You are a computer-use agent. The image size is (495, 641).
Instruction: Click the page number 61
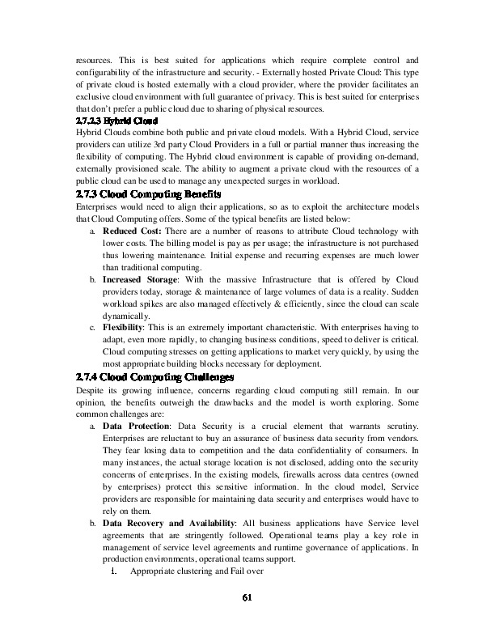(247, 598)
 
